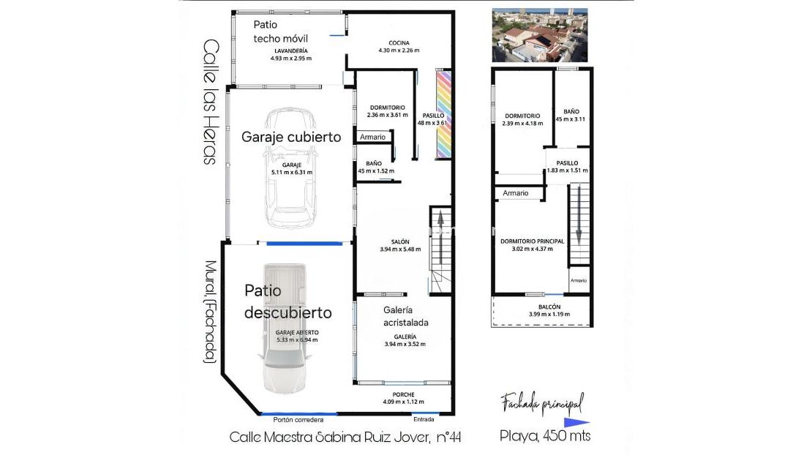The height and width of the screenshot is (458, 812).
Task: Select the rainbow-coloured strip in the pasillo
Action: click(443, 113)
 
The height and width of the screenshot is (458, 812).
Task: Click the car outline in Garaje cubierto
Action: click(292, 168)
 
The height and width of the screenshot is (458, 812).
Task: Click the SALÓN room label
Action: click(399, 241)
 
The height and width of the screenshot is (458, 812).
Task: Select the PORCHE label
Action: click(403, 394)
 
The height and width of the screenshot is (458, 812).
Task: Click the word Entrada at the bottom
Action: click(424, 420)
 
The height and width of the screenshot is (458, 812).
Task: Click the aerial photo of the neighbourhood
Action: click(539, 34)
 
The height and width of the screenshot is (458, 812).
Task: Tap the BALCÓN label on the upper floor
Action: click(549, 307)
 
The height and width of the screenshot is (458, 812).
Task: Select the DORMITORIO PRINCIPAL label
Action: click(532, 241)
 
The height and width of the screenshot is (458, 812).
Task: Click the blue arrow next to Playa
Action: click(576, 422)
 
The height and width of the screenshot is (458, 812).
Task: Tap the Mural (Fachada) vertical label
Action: click(210, 312)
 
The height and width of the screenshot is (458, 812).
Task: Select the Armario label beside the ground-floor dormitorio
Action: click(372, 137)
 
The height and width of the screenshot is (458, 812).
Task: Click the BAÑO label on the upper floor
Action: click(571, 110)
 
